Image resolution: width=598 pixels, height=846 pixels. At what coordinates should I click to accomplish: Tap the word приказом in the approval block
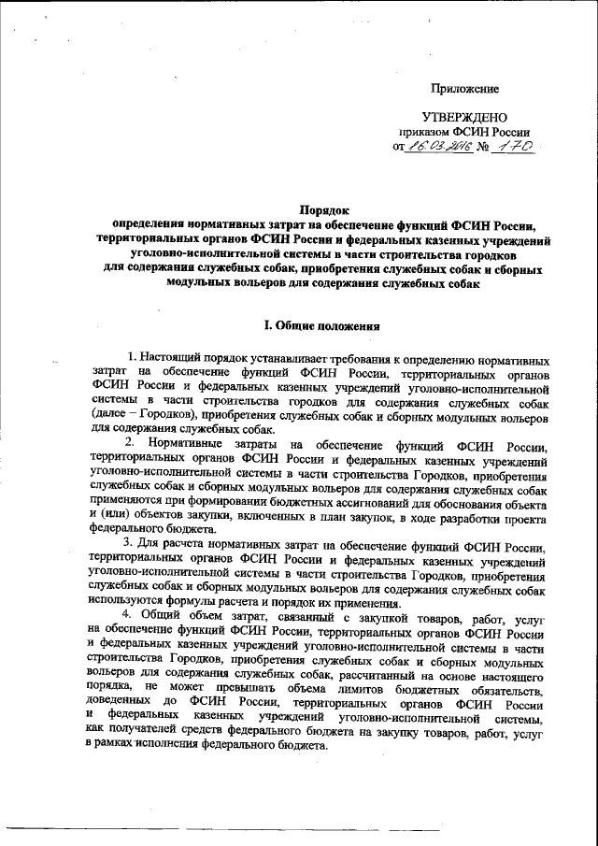click(x=437, y=132)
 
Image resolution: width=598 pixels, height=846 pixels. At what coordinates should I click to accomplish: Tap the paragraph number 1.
click(x=132, y=358)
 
